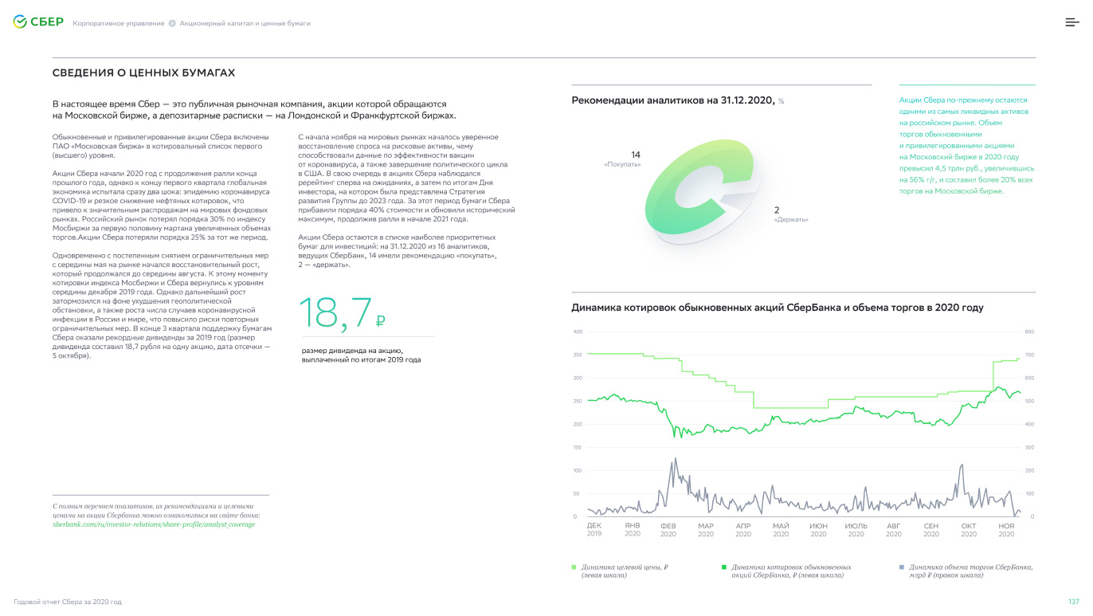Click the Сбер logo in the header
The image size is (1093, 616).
point(37,22)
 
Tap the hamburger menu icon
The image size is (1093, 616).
point(1072,22)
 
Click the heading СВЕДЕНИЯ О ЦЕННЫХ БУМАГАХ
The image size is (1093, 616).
point(143,73)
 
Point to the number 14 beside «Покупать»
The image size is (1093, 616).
point(636,155)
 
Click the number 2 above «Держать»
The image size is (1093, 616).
point(777,210)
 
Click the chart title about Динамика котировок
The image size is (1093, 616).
point(777,308)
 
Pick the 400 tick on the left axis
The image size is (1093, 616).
point(578,332)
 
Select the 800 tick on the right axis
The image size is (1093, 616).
point(1029,332)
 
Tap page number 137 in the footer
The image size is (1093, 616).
point(1073,601)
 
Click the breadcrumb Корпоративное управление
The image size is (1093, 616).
point(118,23)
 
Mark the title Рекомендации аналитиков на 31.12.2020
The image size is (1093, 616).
point(672,100)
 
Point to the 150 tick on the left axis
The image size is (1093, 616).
point(578,448)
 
